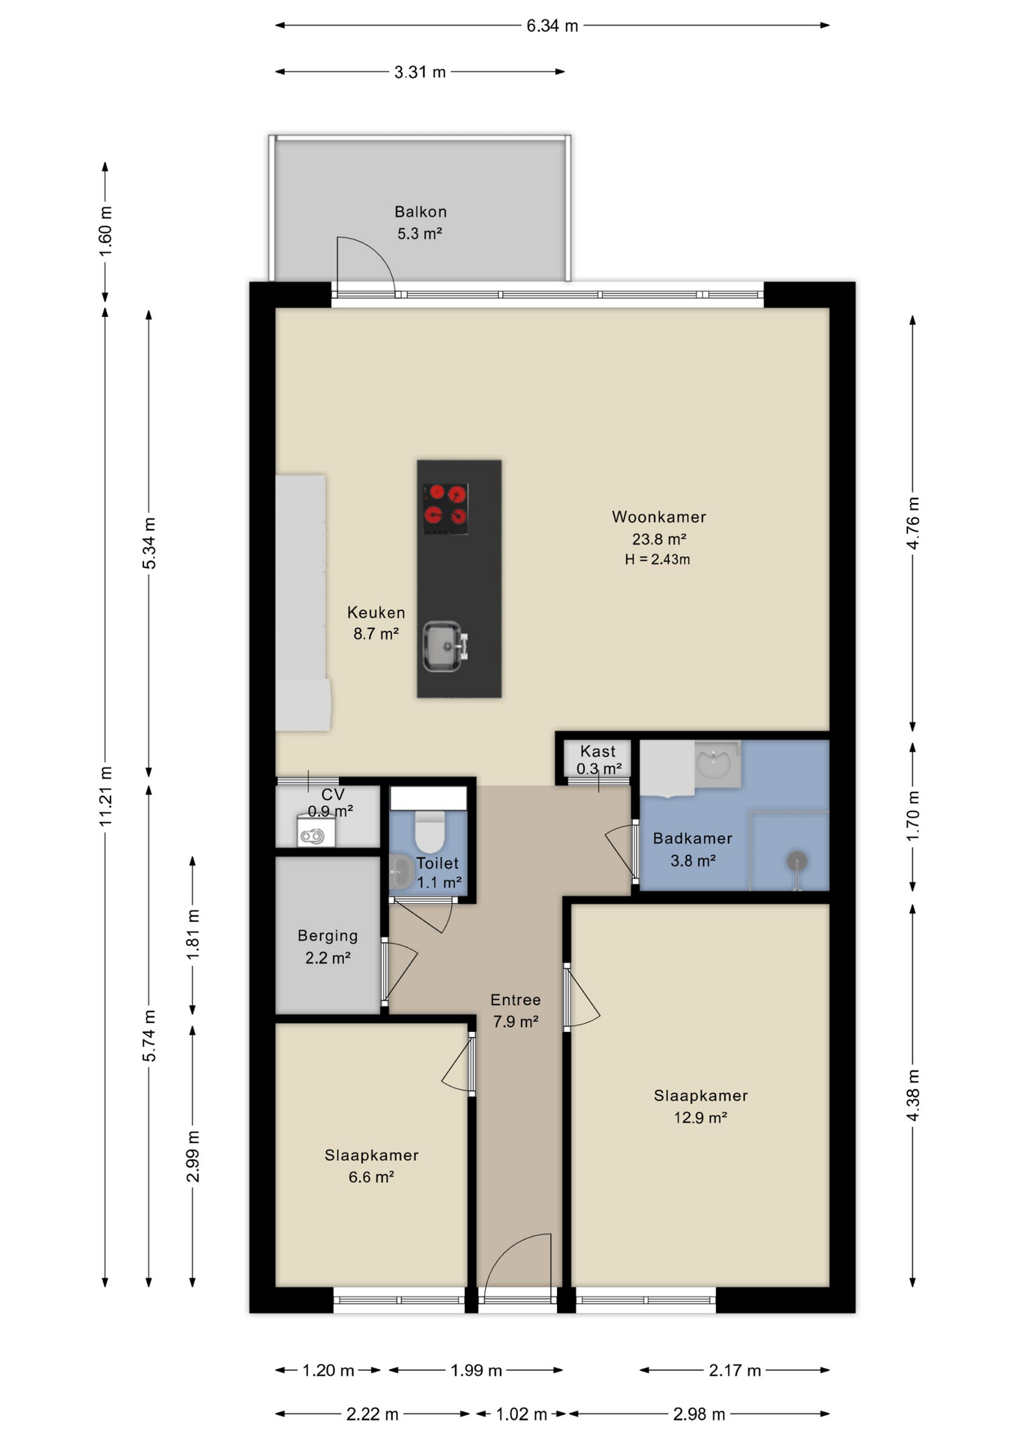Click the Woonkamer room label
pyautogui.click(x=658, y=516)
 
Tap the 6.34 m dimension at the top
pyautogui.click(x=552, y=26)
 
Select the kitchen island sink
pyautogui.click(x=443, y=646)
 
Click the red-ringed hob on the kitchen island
pyautogui.click(x=446, y=508)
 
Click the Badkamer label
pyautogui.click(x=692, y=839)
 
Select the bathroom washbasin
pyautogui.click(x=713, y=763)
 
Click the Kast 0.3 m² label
pyautogui.click(x=598, y=760)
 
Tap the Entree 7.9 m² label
pyautogui.click(x=516, y=1010)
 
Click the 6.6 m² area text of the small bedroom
pyautogui.click(x=371, y=1177)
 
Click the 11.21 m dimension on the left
pyautogui.click(x=106, y=797)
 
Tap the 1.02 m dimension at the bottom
pyautogui.click(x=522, y=1414)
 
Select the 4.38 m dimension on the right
pyautogui.click(x=912, y=1095)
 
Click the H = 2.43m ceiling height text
pyautogui.click(x=657, y=559)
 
